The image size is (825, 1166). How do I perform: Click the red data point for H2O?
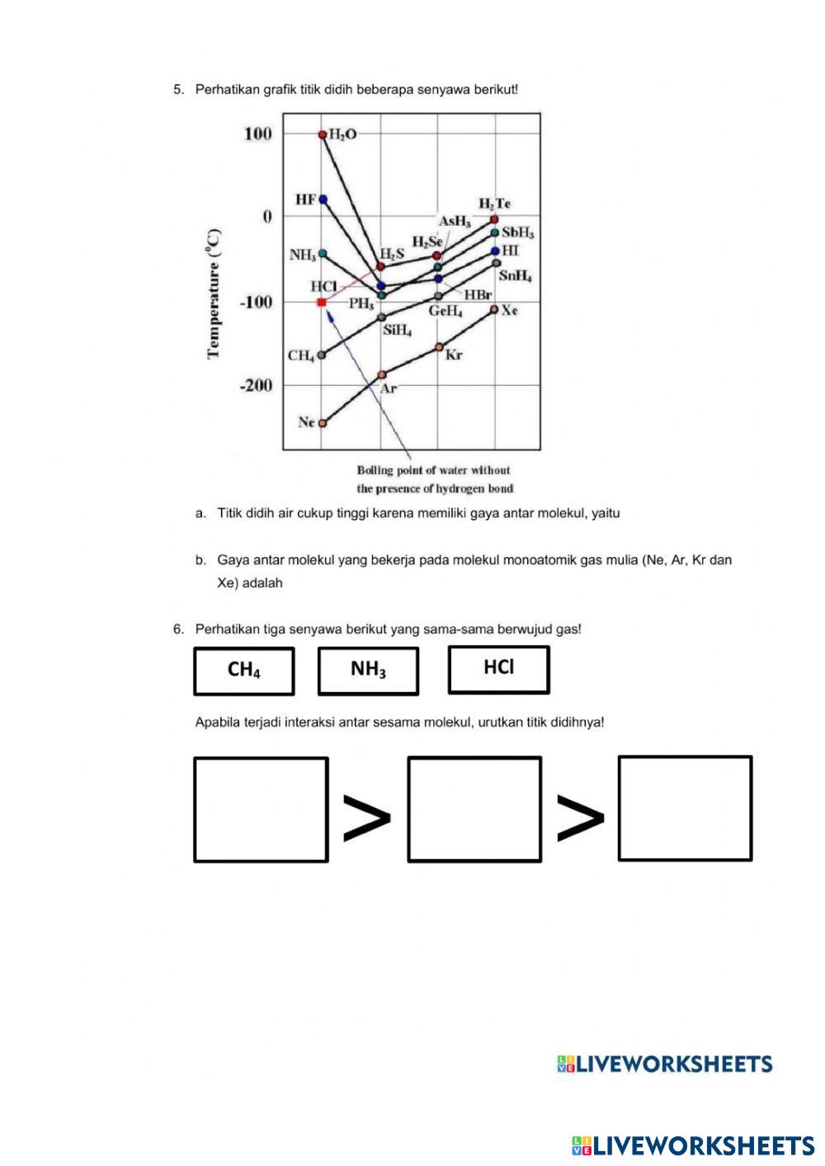coord(323,134)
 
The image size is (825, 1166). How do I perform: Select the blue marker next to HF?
coord(323,200)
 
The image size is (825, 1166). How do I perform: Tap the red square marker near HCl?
coord(322,303)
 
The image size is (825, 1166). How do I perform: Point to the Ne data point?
coord(323,423)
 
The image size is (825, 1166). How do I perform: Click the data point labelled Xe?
coord(494,309)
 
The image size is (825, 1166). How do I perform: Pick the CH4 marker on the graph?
coord(322,355)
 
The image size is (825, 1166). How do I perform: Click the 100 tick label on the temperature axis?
coord(258,134)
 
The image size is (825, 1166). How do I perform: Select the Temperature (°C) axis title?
coord(214,294)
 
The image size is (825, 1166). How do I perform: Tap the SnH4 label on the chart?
coord(515,276)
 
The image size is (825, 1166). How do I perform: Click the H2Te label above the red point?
coord(494,203)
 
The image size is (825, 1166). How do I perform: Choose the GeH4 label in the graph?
coord(445,312)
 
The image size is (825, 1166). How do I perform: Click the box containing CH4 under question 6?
coord(244,670)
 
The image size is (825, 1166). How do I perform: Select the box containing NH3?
coord(368,670)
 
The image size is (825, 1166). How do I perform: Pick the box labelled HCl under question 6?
coord(498,669)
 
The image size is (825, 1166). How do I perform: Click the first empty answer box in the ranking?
coord(261,810)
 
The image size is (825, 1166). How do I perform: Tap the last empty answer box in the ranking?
coord(685,808)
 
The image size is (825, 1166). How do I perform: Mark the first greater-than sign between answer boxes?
coord(366,818)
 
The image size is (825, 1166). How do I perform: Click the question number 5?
coord(178,89)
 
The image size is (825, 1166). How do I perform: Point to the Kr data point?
coord(439,347)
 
